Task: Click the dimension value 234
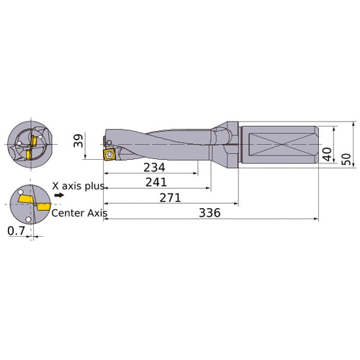point(152,167)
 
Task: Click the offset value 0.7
point(15,232)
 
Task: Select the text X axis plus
point(79,185)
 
